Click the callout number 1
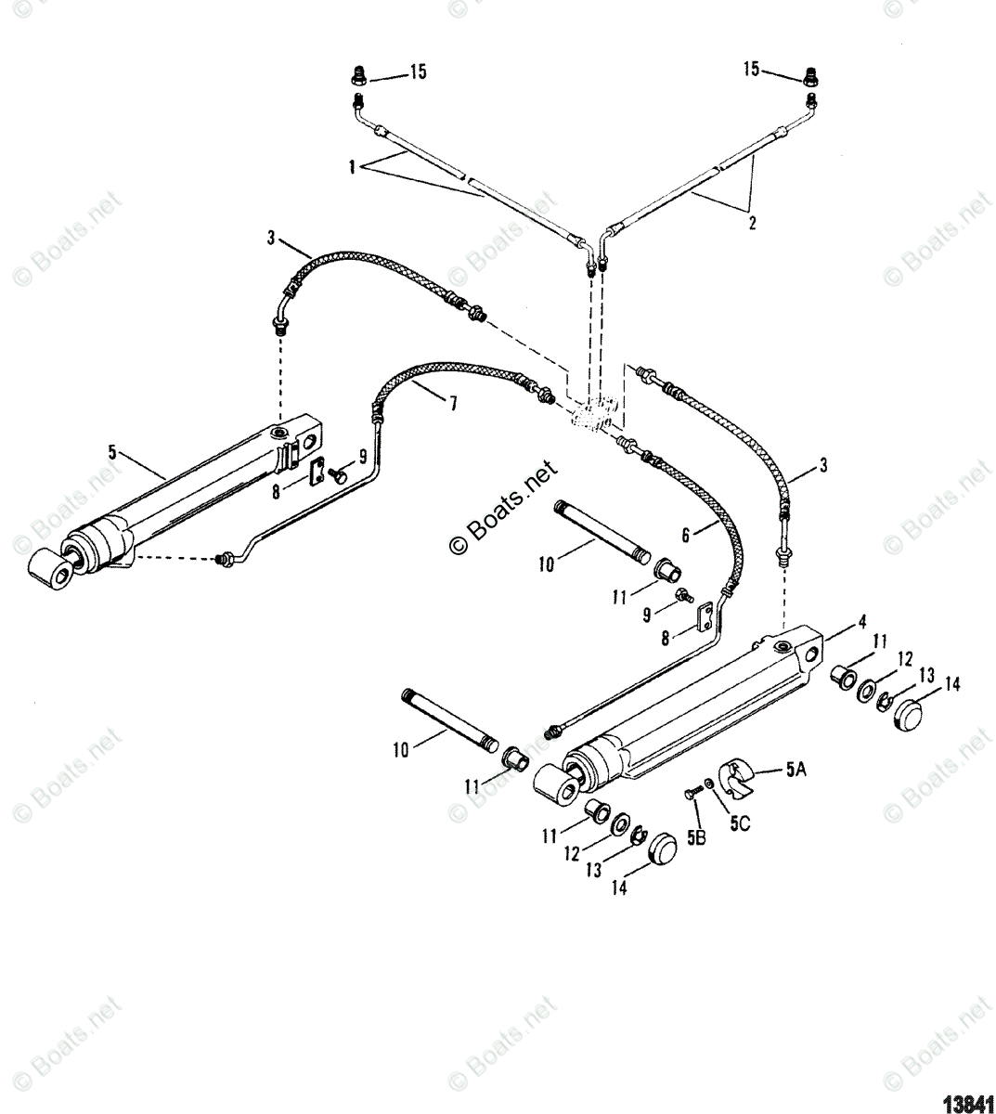(353, 168)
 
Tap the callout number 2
(752, 223)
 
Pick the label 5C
(739, 821)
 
